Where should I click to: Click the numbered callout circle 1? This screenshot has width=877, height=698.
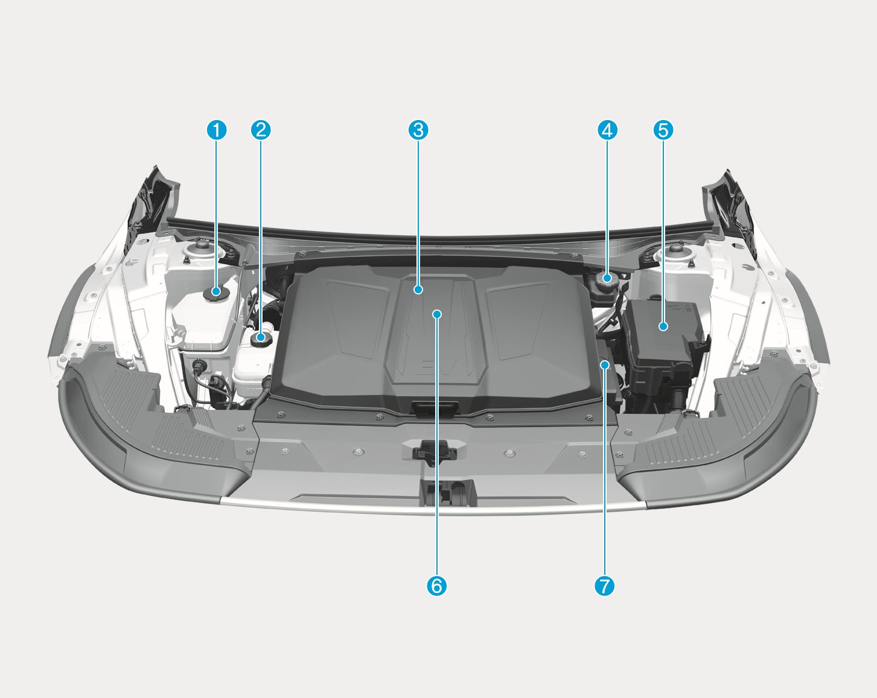click(216, 130)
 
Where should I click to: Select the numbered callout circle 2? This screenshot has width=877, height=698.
click(261, 130)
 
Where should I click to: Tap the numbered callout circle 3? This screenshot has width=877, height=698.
click(418, 130)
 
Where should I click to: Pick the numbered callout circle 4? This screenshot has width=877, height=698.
click(607, 130)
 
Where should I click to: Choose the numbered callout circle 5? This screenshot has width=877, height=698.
click(663, 130)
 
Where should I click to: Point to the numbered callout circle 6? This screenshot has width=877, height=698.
click(436, 586)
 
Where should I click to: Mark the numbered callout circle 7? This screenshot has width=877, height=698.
click(604, 586)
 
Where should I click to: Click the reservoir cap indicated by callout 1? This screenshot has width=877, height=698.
click(216, 293)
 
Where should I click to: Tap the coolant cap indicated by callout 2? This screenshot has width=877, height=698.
click(261, 339)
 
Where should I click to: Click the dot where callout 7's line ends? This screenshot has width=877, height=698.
click(605, 364)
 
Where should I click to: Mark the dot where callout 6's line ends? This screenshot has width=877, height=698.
click(437, 314)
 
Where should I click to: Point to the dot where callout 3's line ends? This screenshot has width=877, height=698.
click(418, 290)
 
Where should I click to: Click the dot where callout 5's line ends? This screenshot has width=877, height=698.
click(663, 326)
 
